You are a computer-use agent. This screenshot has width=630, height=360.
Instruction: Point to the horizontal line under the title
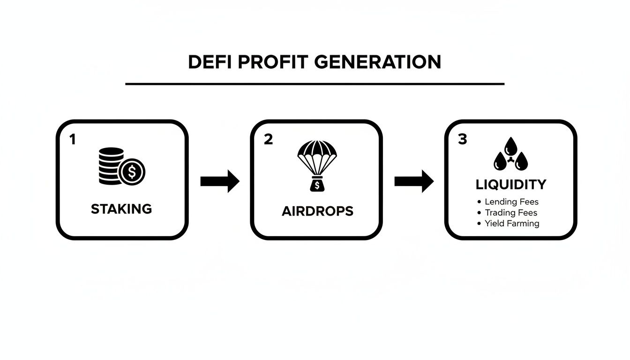(315, 84)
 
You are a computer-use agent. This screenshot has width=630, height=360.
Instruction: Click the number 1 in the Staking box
(72, 139)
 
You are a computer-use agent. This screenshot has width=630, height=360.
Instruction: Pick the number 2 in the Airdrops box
(268, 139)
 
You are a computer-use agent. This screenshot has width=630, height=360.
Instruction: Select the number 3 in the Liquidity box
(462, 139)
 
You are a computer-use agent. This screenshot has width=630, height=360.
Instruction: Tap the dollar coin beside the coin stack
(132, 172)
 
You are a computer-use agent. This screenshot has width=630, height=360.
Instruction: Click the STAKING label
(121, 209)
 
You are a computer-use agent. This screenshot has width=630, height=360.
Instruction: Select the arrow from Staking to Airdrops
(219, 181)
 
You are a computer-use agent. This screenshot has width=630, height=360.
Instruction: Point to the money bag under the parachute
(317, 185)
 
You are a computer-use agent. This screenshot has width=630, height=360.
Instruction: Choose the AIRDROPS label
(317, 211)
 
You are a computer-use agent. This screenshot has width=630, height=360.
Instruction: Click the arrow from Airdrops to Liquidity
(413, 181)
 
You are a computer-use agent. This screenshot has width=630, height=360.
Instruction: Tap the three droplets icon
(510, 155)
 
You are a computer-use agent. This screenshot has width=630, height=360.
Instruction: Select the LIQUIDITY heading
(511, 184)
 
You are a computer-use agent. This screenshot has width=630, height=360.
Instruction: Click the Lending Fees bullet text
(511, 202)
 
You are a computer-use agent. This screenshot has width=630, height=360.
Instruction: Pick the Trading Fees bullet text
(511, 213)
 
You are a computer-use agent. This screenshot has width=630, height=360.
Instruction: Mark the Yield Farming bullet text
(512, 224)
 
